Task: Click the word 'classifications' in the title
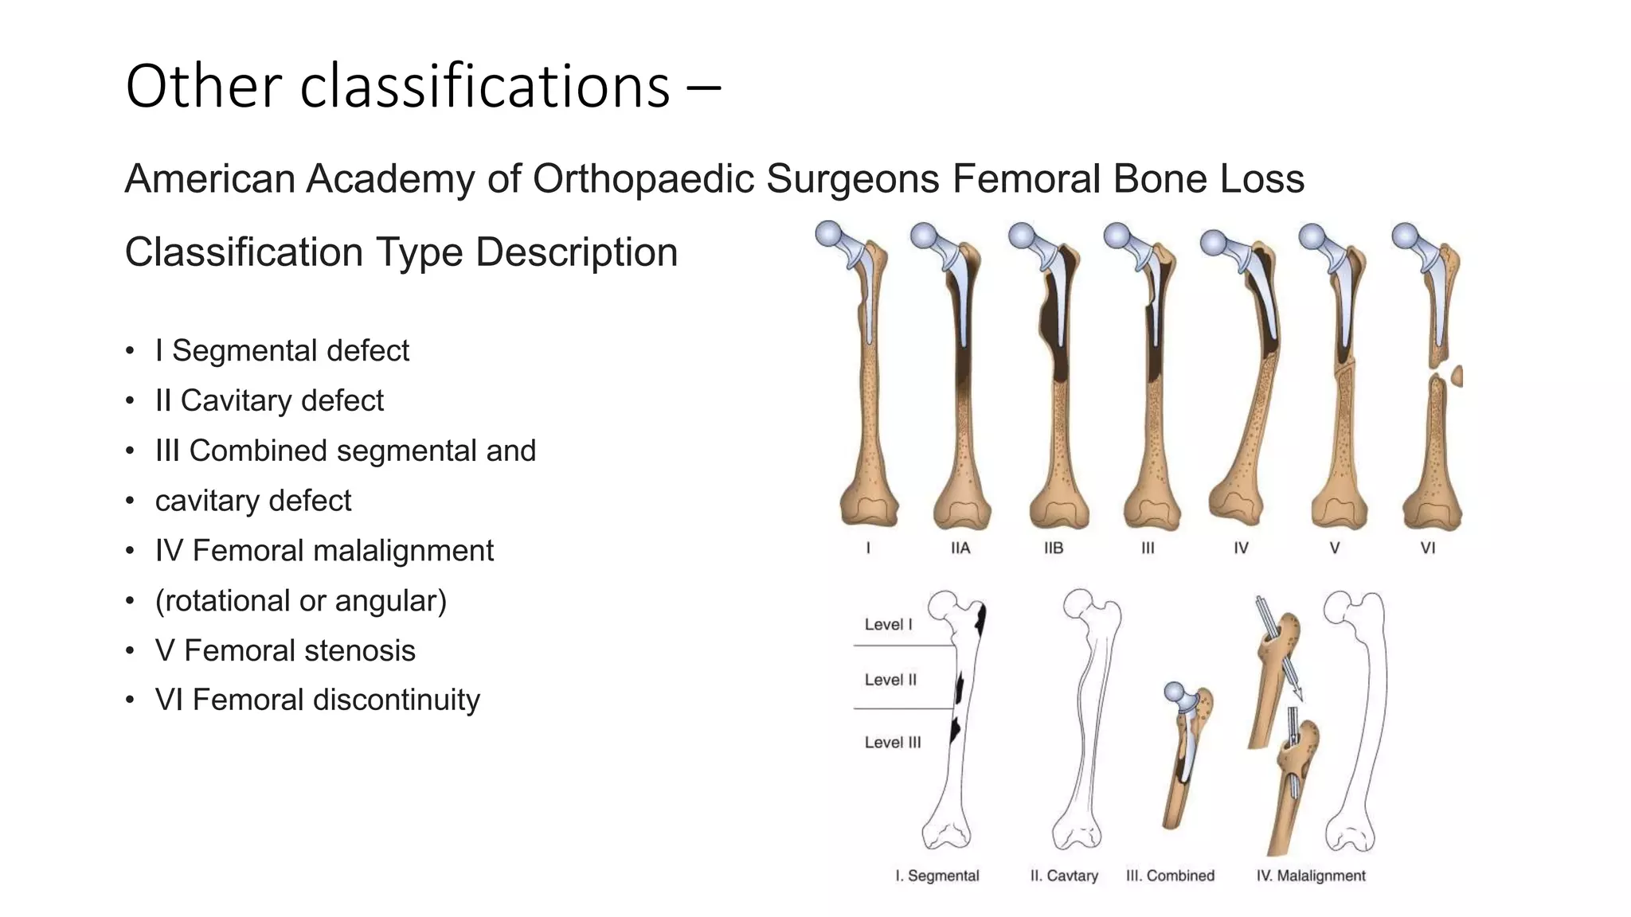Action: pyautogui.click(x=485, y=86)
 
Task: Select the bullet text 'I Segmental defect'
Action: pyautogui.click(x=282, y=350)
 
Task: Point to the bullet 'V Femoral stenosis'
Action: pyautogui.click(x=285, y=650)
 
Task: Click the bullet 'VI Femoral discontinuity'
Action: pyautogui.click(x=317, y=700)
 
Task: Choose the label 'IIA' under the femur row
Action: pyautogui.click(x=960, y=548)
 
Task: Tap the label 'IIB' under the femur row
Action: pyautogui.click(x=1054, y=548)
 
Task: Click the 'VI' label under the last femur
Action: pyautogui.click(x=1428, y=548)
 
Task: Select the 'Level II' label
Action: pyautogui.click(x=890, y=680)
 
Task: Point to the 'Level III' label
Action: pyautogui.click(x=893, y=742)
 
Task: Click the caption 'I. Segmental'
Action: pyautogui.click(x=937, y=876)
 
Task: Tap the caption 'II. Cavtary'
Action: pyautogui.click(x=1064, y=876)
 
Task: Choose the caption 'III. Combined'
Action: pyautogui.click(x=1170, y=876)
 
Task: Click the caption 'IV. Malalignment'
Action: pyautogui.click(x=1311, y=876)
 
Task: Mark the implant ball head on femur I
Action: pyautogui.click(x=829, y=234)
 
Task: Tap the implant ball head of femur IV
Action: pyautogui.click(x=1213, y=243)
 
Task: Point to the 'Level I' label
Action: pyautogui.click(x=889, y=624)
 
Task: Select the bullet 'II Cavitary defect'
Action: pyautogui.click(x=269, y=400)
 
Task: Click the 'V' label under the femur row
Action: pyautogui.click(x=1335, y=548)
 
